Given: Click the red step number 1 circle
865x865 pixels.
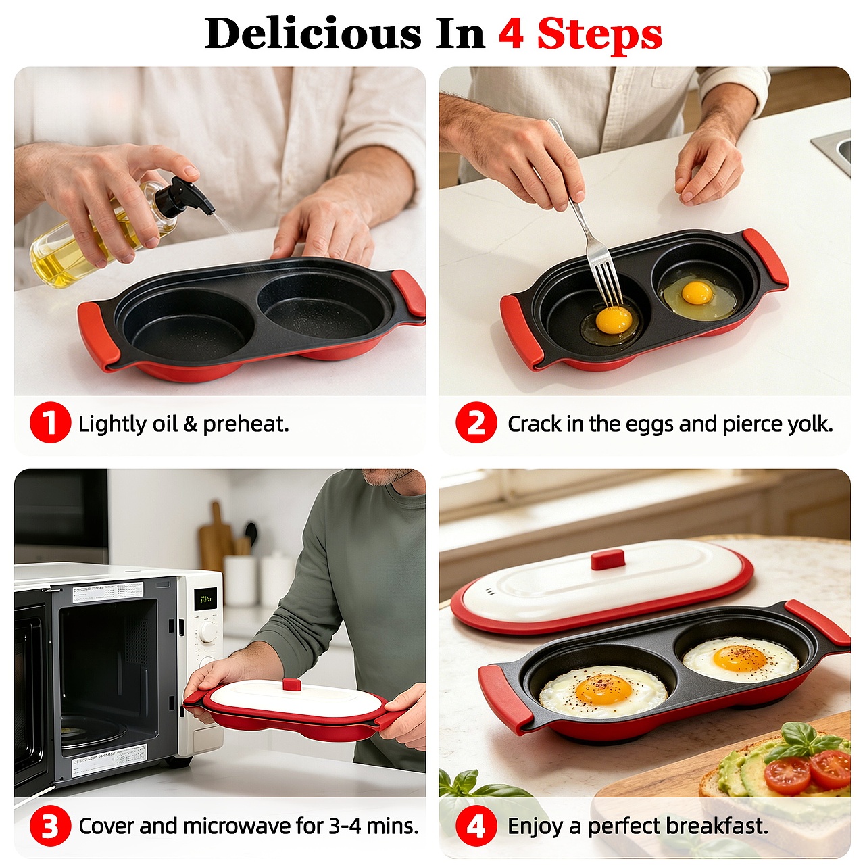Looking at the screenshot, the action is [x=50, y=423].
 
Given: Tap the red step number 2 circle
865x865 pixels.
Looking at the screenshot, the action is [x=476, y=423].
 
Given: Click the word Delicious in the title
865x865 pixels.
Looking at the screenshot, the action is [x=313, y=34].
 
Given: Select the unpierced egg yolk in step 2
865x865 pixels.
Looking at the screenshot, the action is [x=697, y=293].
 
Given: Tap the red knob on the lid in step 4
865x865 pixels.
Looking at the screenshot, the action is [x=608, y=560].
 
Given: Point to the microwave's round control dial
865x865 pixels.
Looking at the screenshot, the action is [x=208, y=631].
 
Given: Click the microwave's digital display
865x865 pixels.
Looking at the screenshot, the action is [x=205, y=599].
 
